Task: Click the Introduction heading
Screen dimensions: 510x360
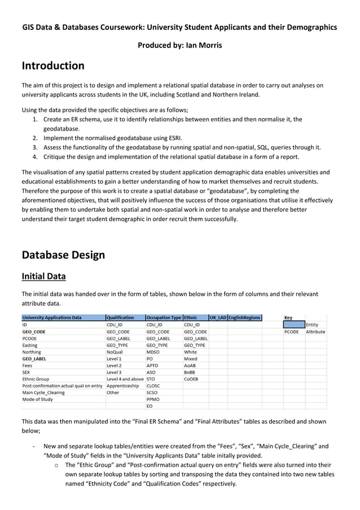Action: click(x=53, y=66)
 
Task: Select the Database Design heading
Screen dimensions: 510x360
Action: click(x=63, y=255)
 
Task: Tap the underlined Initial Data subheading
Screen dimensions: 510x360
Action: click(x=43, y=276)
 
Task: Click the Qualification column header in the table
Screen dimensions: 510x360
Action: click(x=120, y=317)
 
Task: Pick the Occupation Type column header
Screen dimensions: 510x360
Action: click(x=164, y=317)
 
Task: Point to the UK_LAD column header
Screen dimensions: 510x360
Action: click(x=217, y=317)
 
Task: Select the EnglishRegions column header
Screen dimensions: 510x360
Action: click(x=244, y=317)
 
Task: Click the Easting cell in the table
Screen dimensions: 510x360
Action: click(x=30, y=345)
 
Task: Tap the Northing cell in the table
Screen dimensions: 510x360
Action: click(x=32, y=352)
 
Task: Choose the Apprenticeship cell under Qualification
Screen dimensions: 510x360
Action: click(x=122, y=386)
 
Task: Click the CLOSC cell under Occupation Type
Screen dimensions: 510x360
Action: click(x=153, y=386)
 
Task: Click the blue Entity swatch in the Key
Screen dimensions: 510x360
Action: click(x=293, y=325)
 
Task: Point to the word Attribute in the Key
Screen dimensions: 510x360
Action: click(x=315, y=332)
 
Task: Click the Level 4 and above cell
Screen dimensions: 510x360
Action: click(x=125, y=379)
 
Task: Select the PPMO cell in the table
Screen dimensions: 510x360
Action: click(x=152, y=399)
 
